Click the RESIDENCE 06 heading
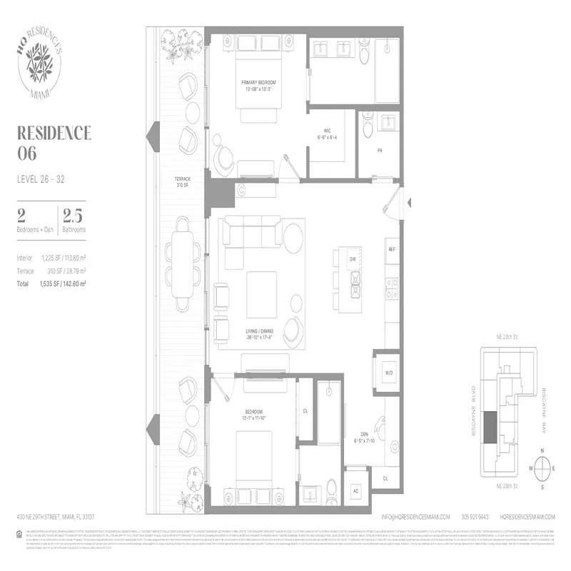pos(53,141)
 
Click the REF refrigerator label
pos(392,250)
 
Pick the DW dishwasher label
pos(353,260)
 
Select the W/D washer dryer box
pos(388,372)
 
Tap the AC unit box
pos(355,491)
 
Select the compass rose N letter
pos(543,451)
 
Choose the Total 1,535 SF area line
pos(51,283)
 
